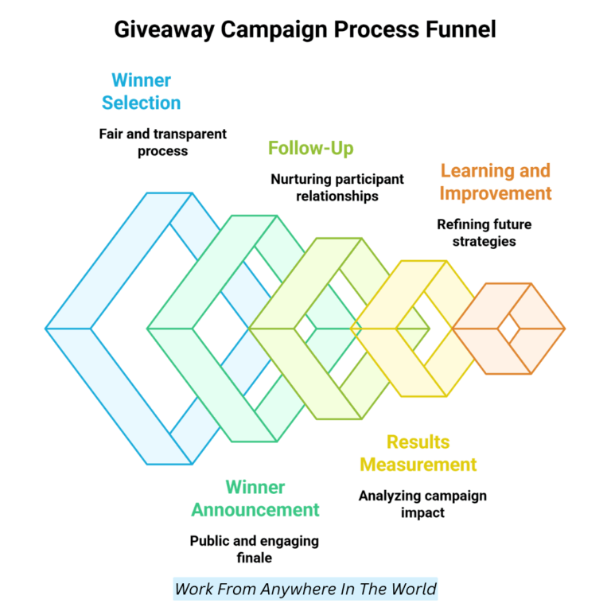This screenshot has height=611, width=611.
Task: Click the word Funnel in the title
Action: point(457,29)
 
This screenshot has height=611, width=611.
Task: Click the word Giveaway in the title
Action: point(163,29)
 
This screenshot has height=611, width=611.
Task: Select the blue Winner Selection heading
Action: point(141,91)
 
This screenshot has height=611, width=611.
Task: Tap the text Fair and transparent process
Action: point(162,142)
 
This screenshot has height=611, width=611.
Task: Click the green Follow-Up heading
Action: point(310,148)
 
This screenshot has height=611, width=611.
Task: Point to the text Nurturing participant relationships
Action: point(337,187)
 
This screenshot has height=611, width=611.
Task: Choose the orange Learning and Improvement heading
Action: point(495,182)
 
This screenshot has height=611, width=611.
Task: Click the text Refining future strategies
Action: point(484,232)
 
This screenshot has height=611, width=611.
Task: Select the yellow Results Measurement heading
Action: point(418,453)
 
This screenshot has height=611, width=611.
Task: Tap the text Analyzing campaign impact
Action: point(422,504)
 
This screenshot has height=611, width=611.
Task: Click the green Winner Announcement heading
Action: point(255,498)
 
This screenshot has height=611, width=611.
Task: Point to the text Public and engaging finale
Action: point(254,549)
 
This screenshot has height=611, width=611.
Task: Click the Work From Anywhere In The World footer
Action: point(305,589)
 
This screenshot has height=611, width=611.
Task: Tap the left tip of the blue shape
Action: point(48,328)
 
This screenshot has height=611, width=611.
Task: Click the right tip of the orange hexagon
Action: point(563,328)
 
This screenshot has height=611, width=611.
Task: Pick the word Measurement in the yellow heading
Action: point(418,464)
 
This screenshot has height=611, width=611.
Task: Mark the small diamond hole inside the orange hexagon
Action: point(508,328)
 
